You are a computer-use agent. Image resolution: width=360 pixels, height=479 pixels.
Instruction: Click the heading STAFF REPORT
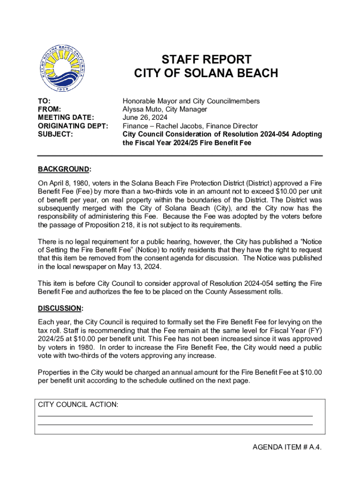pos(206,60)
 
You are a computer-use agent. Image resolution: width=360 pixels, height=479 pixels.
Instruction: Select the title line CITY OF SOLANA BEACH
pos(206,73)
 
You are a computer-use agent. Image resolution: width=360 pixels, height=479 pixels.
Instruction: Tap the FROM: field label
pos(49,109)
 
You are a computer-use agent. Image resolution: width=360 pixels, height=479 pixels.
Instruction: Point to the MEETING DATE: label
pos(66,118)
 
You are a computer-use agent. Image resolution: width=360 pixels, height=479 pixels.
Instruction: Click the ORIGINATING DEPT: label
pos(73,126)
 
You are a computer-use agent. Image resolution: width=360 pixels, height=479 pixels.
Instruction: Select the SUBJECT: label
pos(55,135)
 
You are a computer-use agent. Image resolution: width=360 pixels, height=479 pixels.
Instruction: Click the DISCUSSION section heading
pos(60,308)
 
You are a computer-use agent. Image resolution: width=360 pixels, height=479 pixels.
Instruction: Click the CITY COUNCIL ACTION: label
pos(78,405)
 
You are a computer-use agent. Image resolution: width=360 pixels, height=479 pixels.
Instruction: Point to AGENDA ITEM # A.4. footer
pos(287,447)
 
